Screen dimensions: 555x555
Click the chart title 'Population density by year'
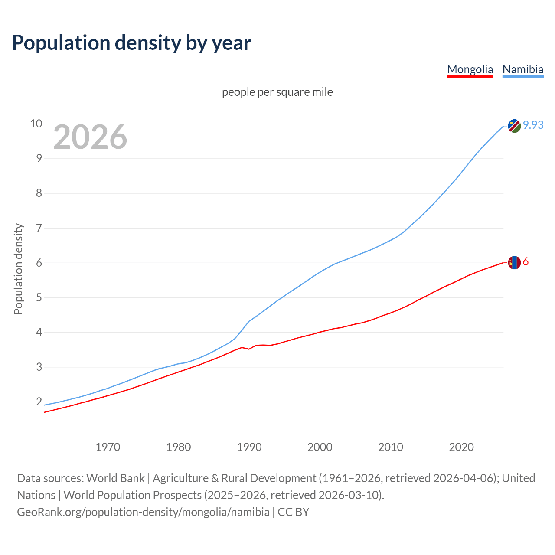coord(131,42)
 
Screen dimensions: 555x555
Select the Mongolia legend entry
coord(470,69)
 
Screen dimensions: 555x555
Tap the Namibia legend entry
coord(522,69)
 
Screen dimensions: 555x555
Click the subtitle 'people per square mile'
coord(277,92)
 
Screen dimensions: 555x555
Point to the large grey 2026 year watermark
coord(90,137)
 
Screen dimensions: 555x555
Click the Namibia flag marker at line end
coord(514,126)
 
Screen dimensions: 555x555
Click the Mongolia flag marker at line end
coord(514,262)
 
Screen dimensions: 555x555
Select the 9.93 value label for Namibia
coord(533,125)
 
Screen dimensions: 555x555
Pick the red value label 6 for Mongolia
coord(526,262)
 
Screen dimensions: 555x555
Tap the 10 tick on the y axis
coord(36,124)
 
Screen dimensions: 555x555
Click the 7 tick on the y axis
coord(39,228)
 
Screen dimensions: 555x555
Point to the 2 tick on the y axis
coord(39,402)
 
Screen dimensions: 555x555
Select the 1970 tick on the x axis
coord(108,447)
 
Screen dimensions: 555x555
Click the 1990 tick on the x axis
coord(249,447)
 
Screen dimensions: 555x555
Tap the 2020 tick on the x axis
coord(461,447)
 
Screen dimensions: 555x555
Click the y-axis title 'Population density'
coord(18,269)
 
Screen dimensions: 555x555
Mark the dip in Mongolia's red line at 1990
coord(249,349)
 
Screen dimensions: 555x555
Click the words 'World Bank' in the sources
coord(115,478)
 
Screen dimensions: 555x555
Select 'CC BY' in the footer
coord(294,512)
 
